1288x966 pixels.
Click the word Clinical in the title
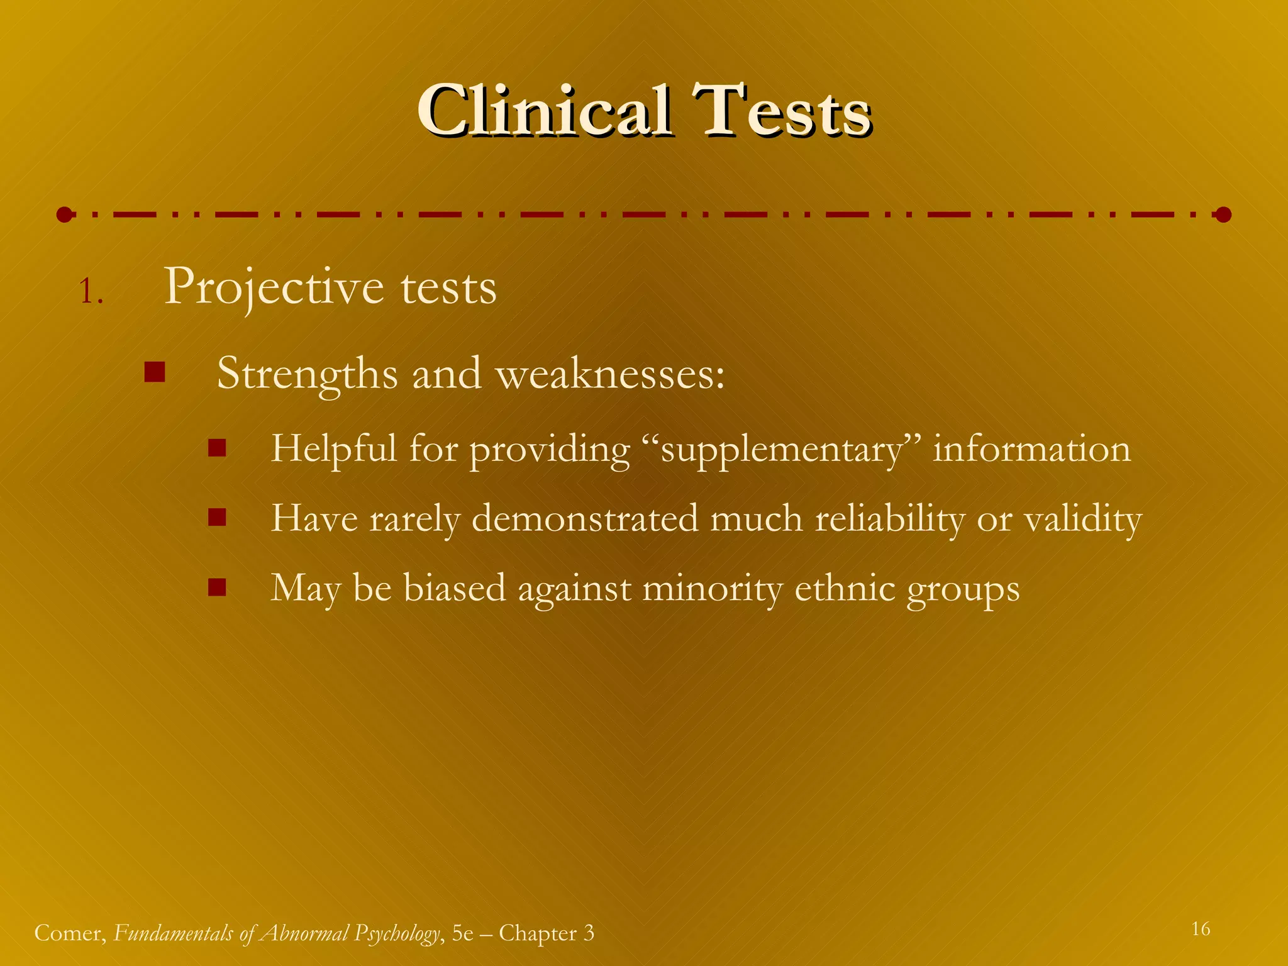[x=544, y=112]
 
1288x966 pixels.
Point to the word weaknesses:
[x=610, y=374]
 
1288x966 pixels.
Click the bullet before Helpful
[x=217, y=448]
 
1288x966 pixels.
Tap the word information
[x=1031, y=449]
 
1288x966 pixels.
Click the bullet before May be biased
[x=217, y=587]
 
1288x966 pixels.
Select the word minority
[x=711, y=589]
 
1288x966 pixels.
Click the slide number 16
[x=1201, y=929]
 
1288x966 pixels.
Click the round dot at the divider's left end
[x=64, y=215]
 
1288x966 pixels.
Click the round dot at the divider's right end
[x=1223, y=215]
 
